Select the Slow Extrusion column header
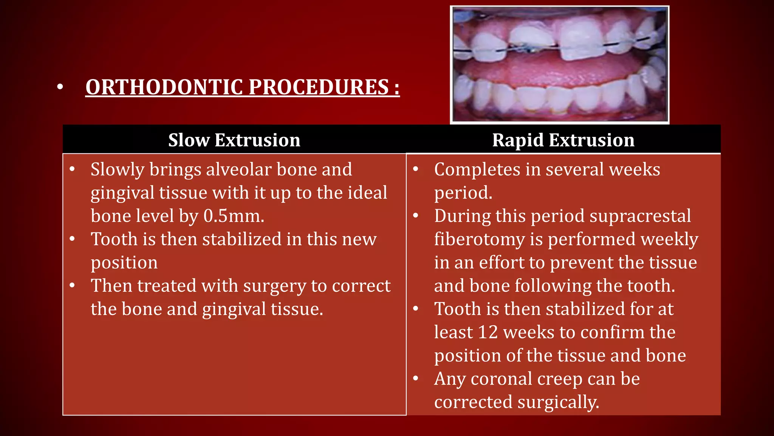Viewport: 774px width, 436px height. (234, 140)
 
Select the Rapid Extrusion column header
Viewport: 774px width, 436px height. (563, 140)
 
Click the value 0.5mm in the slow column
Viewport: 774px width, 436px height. (233, 216)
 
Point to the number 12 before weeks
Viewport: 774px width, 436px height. (488, 332)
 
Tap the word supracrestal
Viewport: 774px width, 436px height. (640, 216)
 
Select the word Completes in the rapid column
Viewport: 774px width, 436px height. (477, 170)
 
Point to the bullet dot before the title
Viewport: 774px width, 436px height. (60, 87)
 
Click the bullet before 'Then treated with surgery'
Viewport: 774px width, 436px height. (72, 285)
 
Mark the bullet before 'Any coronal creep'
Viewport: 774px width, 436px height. (416, 378)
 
